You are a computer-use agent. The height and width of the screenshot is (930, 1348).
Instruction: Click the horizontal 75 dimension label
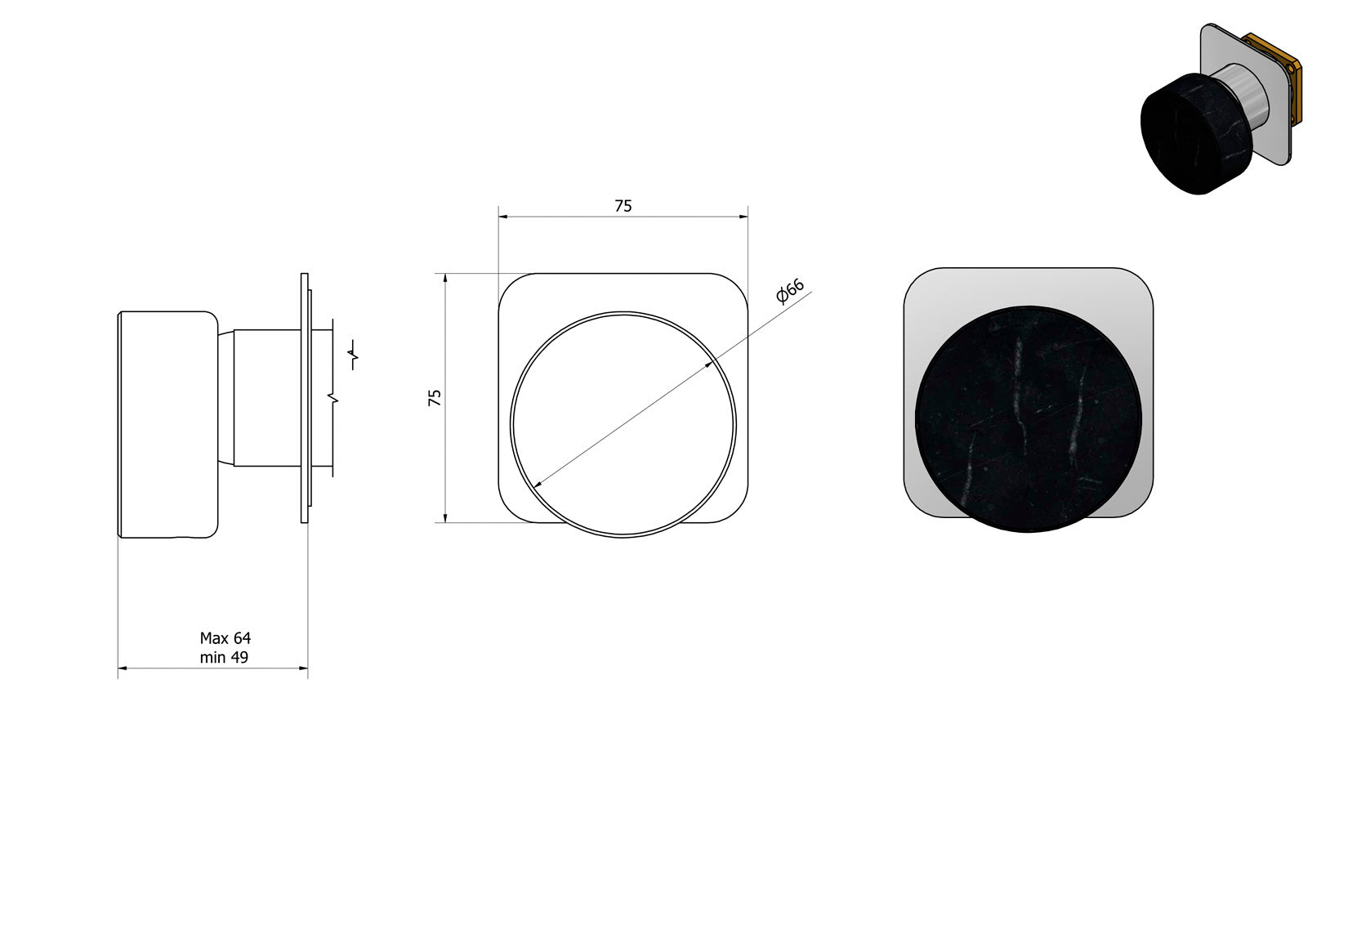pyautogui.click(x=623, y=206)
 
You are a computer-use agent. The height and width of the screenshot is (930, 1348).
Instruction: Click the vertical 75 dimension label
pyautogui.click(x=435, y=398)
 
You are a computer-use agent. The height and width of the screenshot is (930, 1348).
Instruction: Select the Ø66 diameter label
pyautogui.click(x=790, y=292)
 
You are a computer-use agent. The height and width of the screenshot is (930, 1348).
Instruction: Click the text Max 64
pyautogui.click(x=225, y=637)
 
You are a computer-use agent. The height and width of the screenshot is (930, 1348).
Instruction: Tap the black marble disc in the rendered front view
pyautogui.click(x=1028, y=418)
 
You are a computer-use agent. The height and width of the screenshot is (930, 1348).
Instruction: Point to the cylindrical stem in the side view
pyautogui.click(x=267, y=398)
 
